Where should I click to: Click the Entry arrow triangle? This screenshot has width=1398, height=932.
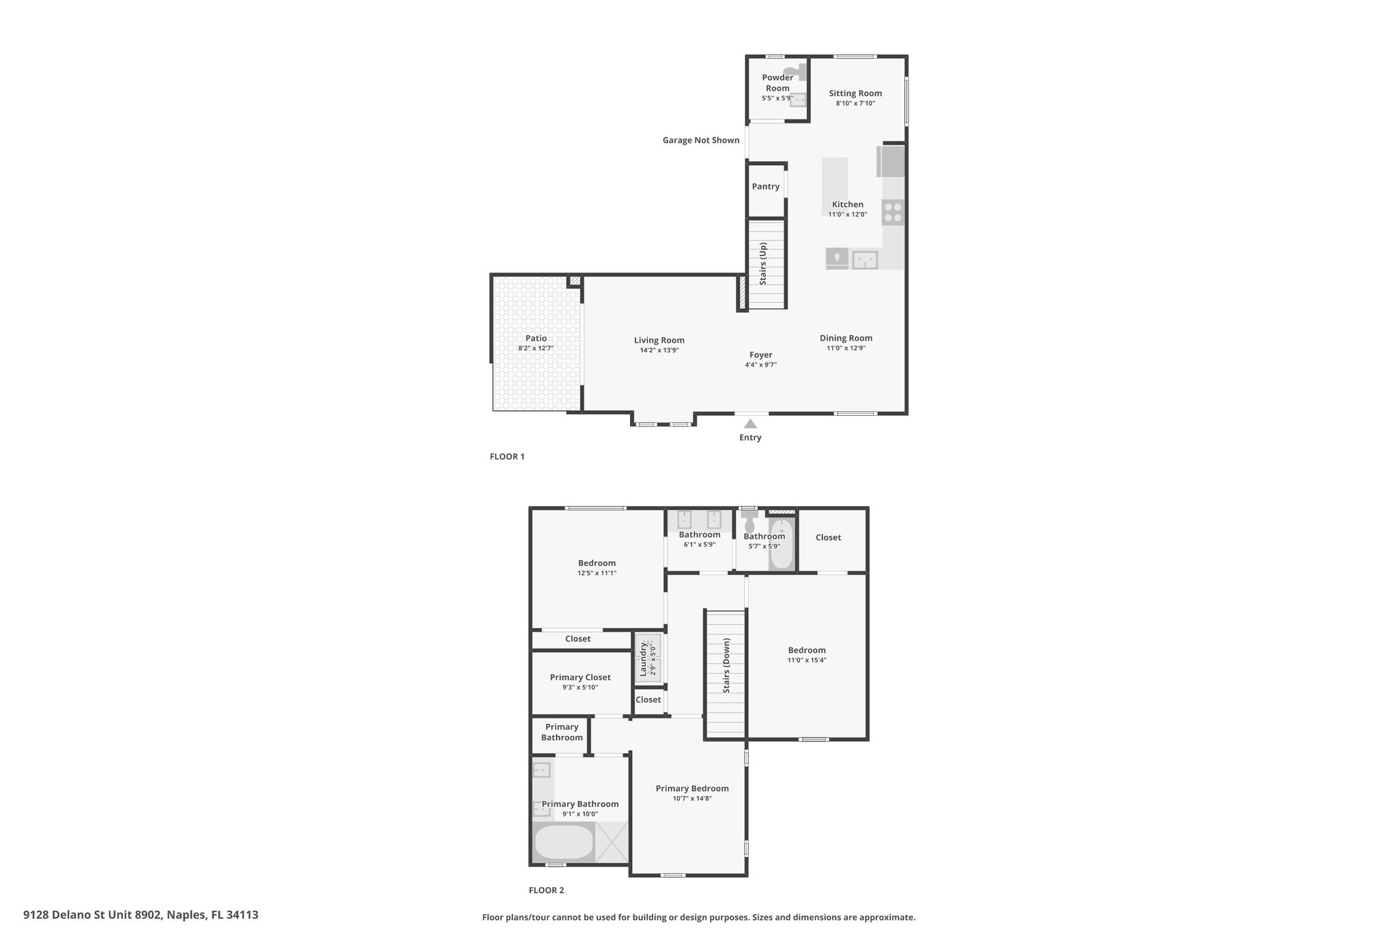click(750, 424)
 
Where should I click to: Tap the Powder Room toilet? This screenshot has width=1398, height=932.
click(795, 70)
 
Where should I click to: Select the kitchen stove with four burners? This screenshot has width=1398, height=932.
click(893, 212)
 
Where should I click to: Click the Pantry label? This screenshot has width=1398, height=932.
click(766, 186)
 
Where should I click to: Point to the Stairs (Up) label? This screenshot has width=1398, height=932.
click(763, 264)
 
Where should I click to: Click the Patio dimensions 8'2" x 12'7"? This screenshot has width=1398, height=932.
click(536, 348)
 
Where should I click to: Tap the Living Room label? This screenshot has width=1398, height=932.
click(659, 340)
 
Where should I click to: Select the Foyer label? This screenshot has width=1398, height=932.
click(761, 355)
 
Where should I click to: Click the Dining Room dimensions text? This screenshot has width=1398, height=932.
click(846, 348)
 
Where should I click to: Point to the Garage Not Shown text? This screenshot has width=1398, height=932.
click(701, 140)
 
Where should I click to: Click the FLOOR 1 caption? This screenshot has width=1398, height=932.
click(507, 457)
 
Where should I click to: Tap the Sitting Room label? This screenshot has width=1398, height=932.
click(855, 94)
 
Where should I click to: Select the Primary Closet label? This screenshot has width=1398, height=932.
click(580, 677)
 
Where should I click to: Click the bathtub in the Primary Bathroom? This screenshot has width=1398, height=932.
click(564, 843)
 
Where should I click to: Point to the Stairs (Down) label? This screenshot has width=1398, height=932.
click(726, 666)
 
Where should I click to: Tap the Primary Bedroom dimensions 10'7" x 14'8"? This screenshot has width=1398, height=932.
click(692, 798)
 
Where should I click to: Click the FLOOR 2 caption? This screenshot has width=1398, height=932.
click(547, 890)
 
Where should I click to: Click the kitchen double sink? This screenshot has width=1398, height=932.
click(865, 259)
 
